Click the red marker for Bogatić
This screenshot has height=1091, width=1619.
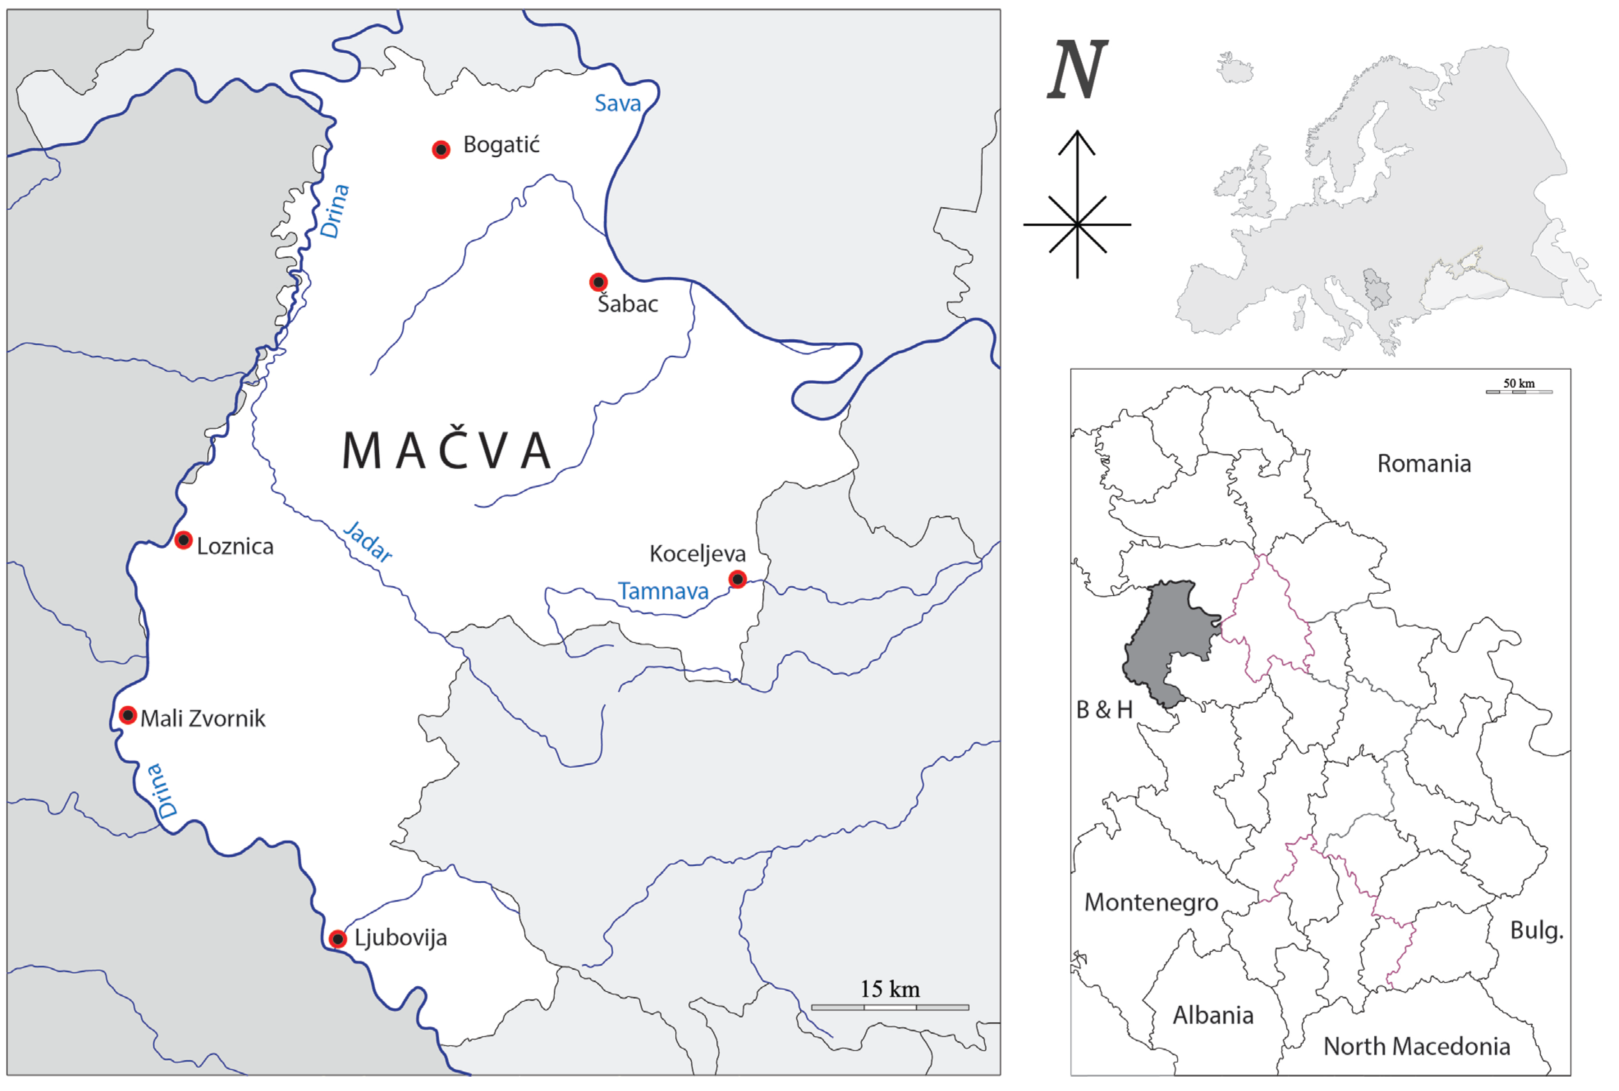click(440, 150)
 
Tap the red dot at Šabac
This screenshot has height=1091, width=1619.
click(598, 282)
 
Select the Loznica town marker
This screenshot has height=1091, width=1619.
click(183, 540)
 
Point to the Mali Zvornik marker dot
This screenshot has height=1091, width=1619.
click(127, 715)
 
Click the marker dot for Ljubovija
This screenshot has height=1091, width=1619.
click(337, 939)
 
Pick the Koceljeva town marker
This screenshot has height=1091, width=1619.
click(737, 579)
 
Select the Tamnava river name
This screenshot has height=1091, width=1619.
click(663, 591)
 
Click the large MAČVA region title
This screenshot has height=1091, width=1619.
click(447, 451)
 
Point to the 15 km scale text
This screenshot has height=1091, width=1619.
click(890, 989)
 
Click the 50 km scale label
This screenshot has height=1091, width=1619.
click(1519, 383)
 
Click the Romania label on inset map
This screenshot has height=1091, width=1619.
click(1424, 464)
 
